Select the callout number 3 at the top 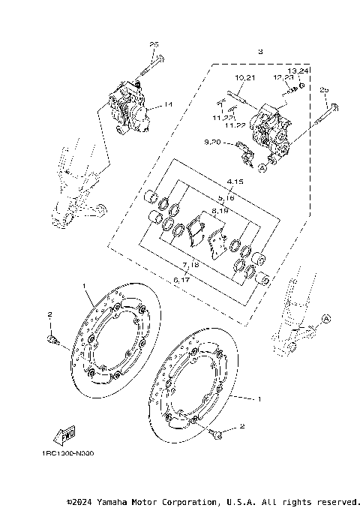(259, 53)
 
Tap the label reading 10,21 (245, 79)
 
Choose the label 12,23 (283, 79)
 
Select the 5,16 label (226, 198)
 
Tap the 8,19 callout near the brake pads (220, 213)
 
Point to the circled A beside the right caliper (262, 168)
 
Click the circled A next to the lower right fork (325, 319)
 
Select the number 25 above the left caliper (154, 45)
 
